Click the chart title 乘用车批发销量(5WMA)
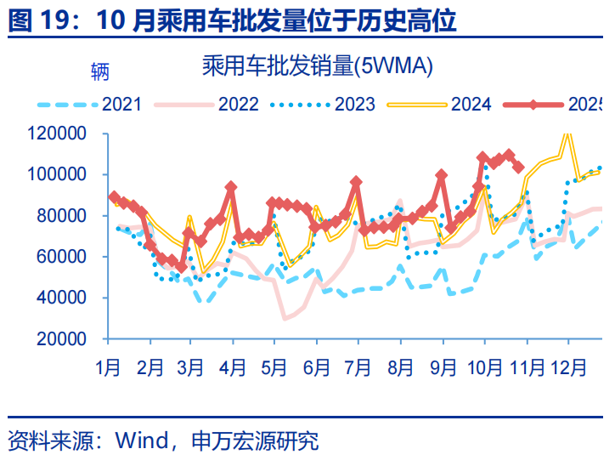coord(317,65)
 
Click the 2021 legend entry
coord(121,104)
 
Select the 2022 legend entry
coord(239,104)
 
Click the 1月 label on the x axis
coord(108,368)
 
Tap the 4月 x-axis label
coord(233,368)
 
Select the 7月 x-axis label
coord(358,368)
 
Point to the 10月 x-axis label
coord(484,368)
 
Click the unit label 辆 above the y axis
coord(99,71)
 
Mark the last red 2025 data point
coord(519,168)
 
